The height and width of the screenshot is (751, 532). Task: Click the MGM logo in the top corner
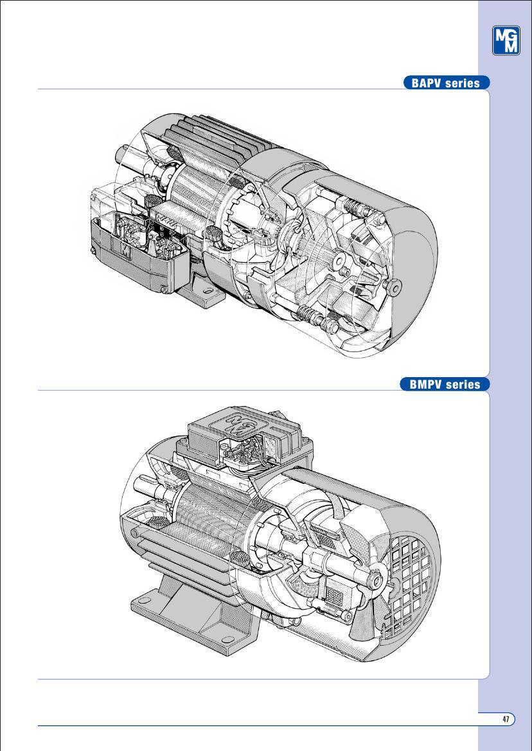click(506, 41)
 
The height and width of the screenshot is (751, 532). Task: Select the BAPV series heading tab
click(446, 83)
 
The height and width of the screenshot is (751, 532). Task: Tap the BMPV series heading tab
click(446, 384)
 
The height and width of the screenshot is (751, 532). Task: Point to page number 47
click(506, 719)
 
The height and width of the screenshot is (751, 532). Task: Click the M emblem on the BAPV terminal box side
click(123, 247)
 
